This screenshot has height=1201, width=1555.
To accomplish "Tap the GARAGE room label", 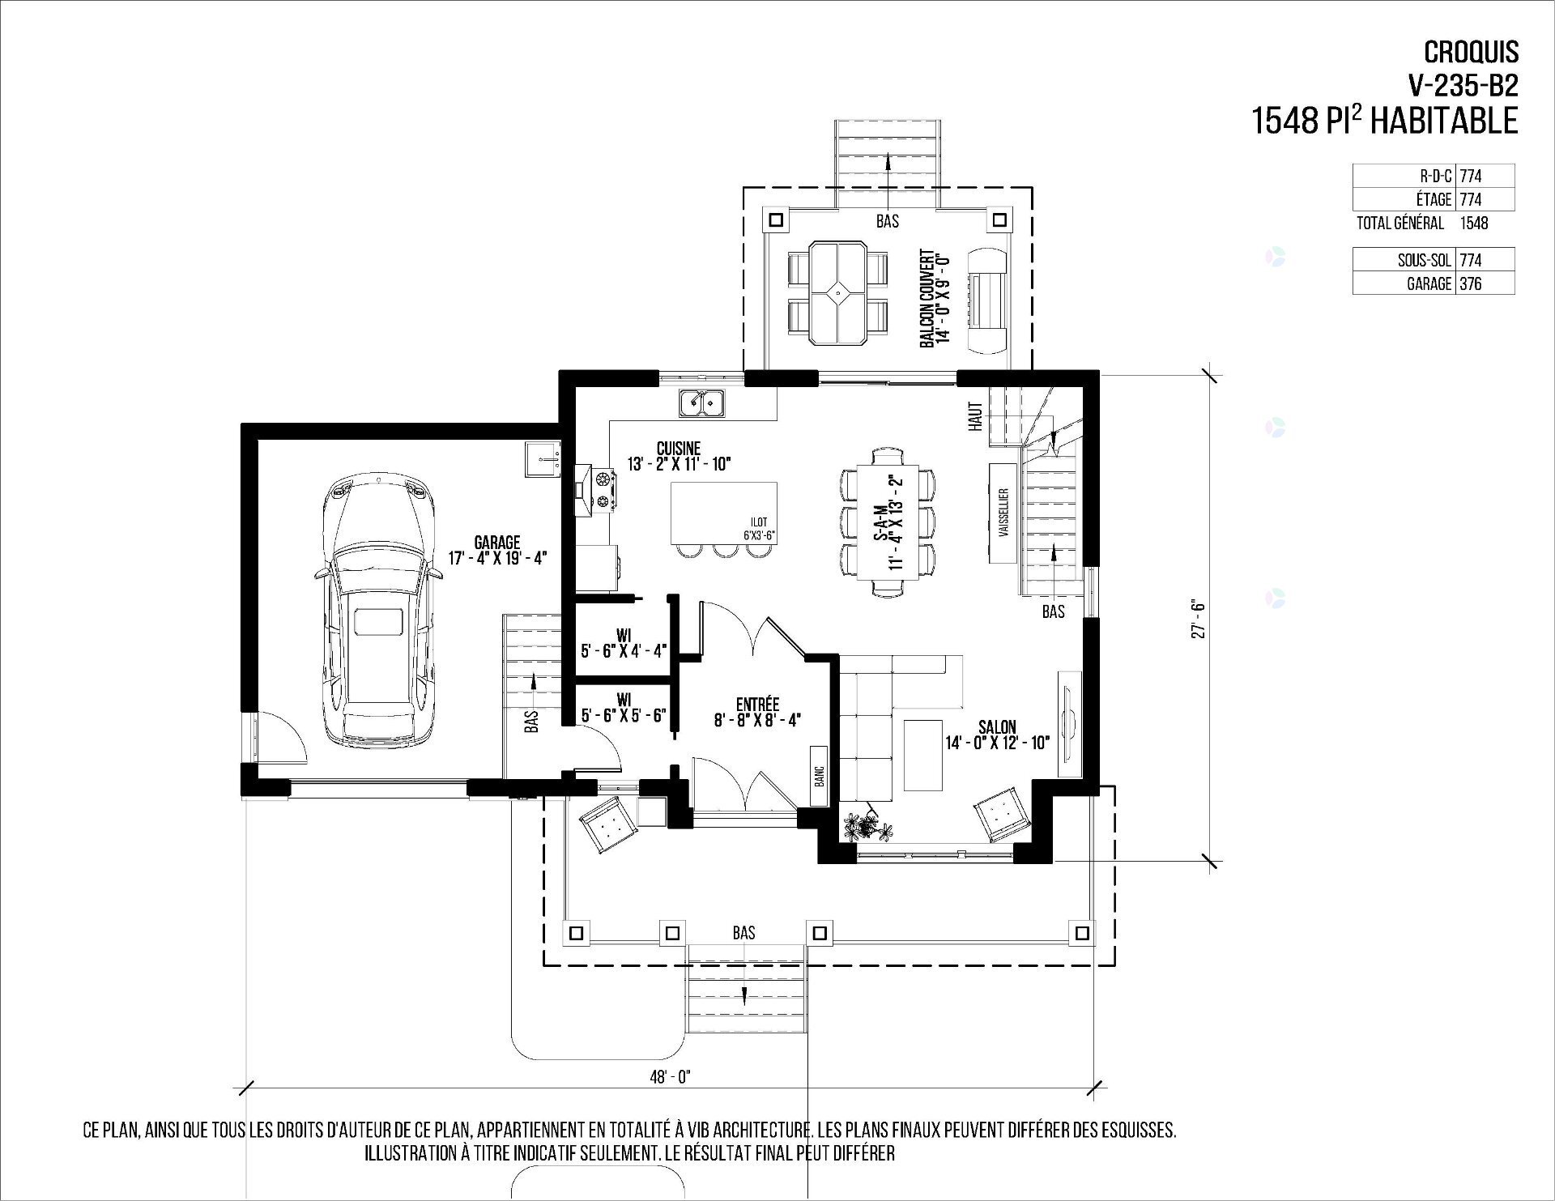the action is tap(498, 543).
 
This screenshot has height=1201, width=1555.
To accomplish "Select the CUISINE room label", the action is tap(679, 448).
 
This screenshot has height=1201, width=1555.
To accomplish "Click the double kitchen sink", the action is tap(703, 402).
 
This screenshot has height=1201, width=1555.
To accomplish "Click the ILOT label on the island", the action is tap(759, 522).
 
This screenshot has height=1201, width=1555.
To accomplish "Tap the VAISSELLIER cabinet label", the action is tap(1004, 514).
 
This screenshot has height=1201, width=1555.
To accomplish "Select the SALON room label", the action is tap(997, 727).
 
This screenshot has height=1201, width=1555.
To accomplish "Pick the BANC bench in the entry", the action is tap(819, 776).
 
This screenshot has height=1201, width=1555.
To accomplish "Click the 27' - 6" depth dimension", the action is tap(1198, 619).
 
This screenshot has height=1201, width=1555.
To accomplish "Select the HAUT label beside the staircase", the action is tap(976, 416).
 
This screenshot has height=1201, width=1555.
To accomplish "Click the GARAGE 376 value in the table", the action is tap(1472, 283).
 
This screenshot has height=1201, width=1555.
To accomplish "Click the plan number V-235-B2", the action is tap(1463, 85).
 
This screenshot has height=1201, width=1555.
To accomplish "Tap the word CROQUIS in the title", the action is tap(1472, 52).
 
